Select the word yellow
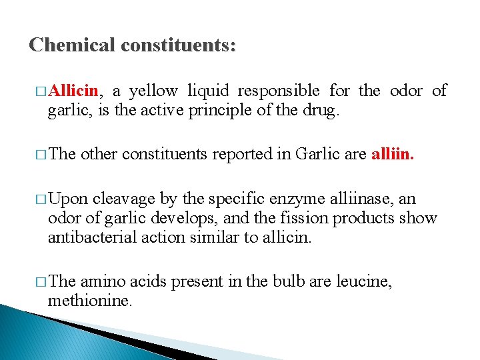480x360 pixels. [x=154, y=91]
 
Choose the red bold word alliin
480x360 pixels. [x=392, y=155]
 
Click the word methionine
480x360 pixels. [x=90, y=300]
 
